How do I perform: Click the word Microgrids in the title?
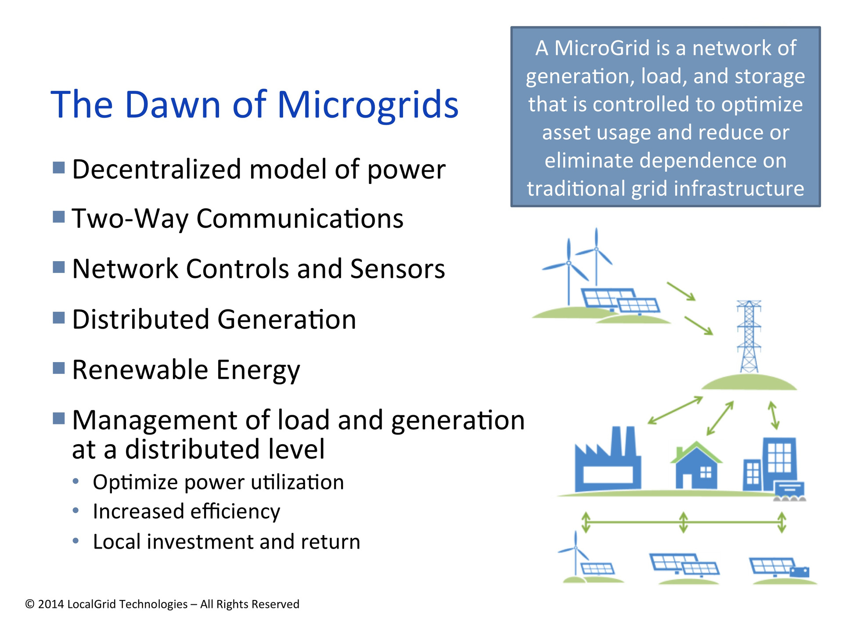coord(368,105)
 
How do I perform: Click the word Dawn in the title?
coord(172,105)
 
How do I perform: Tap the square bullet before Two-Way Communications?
coord(59,216)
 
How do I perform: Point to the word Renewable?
coord(140,370)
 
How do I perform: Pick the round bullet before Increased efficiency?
coord(76,510)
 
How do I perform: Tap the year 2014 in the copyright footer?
coord(50,604)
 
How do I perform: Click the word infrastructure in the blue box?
coord(739,189)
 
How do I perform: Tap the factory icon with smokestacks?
coord(608,461)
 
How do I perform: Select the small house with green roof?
coord(696,467)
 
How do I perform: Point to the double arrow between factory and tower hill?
coord(675,410)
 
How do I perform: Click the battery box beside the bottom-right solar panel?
coord(800,572)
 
